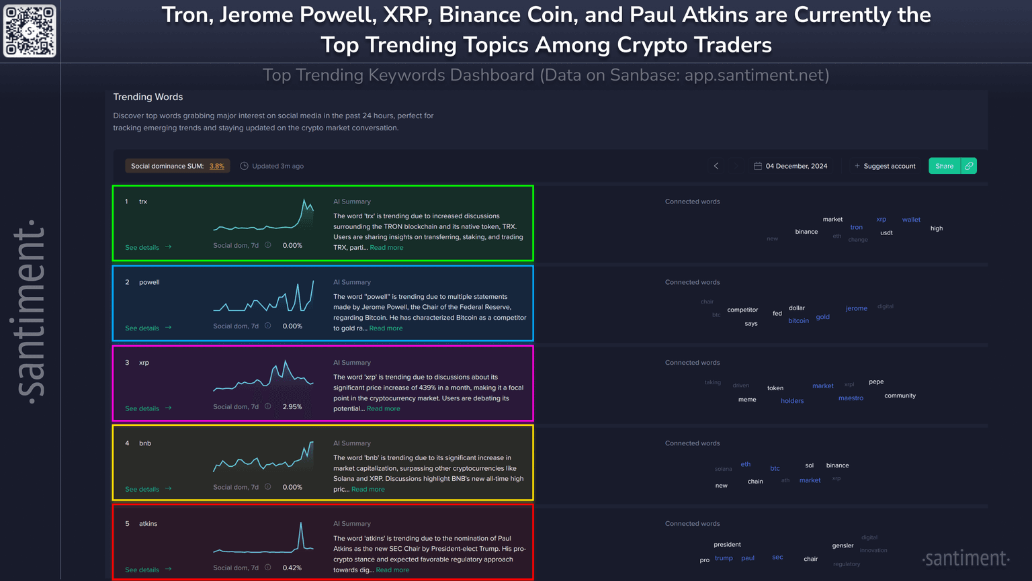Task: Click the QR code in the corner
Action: tap(30, 31)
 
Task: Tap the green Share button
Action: tap(944, 166)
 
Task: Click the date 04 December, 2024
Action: tap(796, 166)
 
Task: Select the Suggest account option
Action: tap(889, 166)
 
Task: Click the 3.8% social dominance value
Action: tap(216, 166)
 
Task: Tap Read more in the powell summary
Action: tap(386, 328)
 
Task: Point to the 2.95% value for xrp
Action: tap(292, 407)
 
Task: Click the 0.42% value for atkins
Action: tap(292, 568)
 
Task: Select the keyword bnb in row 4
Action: tap(145, 443)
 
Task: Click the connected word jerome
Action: tap(856, 308)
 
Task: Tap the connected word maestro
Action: tap(851, 398)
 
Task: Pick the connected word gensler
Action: tap(843, 545)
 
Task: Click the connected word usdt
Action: tap(886, 233)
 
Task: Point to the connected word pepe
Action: tap(876, 382)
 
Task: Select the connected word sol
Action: tap(809, 465)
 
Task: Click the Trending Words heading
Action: tap(148, 97)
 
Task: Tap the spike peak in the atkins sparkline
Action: tap(300, 524)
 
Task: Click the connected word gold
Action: tap(822, 317)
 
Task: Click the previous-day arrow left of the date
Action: tap(716, 166)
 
